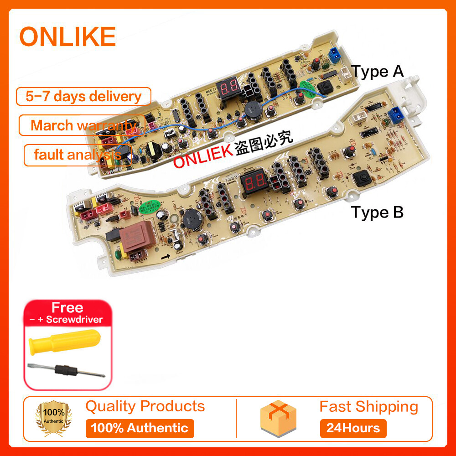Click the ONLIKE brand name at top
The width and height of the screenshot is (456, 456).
pos(67,36)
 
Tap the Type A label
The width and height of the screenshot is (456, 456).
pos(377,72)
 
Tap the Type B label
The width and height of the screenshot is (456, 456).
pos(377,212)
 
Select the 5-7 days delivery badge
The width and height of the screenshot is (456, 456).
pos(83,97)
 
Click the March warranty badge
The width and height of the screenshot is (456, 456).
pos(82,125)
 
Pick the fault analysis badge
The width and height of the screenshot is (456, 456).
pos(78,155)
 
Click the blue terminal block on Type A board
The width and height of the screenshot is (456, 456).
pos(335,57)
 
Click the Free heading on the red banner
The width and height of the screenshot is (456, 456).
pos(67,308)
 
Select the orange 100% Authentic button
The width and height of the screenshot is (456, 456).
pos(140,428)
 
